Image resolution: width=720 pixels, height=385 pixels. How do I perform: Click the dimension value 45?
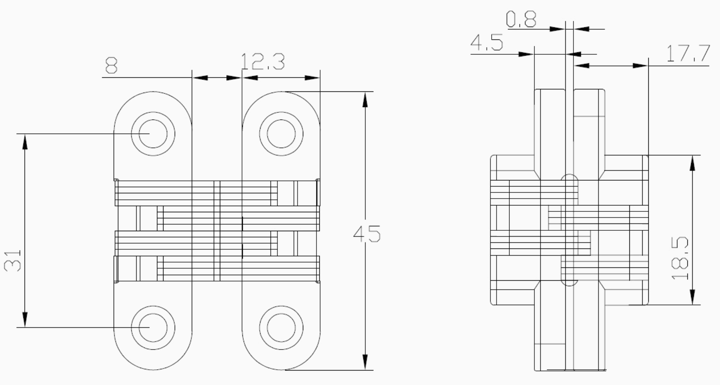(367, 234)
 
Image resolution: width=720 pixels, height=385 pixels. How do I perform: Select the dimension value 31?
(13, 260)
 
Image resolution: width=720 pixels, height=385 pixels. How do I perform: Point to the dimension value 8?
(111, 65)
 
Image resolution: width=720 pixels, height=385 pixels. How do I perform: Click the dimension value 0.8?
(521, 19)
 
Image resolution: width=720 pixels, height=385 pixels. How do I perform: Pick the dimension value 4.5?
(487, 42)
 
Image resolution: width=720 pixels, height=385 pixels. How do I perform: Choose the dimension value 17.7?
(688, 54)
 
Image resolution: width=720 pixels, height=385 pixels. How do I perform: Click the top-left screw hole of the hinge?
(153, 134)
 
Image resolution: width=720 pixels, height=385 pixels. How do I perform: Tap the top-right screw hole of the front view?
(281, 134)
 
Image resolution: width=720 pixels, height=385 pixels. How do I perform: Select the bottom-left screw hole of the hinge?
(153, 328)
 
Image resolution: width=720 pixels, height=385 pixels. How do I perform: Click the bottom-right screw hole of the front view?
(281, 328)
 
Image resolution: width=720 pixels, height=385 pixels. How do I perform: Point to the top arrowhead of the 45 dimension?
(365, 99)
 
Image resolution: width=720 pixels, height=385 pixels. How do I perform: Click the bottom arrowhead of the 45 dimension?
(365, 362)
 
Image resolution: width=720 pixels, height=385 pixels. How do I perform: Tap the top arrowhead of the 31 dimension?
(25, 141)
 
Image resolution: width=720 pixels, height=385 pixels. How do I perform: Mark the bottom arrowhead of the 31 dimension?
(25, 320)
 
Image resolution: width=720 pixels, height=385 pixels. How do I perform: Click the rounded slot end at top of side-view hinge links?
(569, 178)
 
